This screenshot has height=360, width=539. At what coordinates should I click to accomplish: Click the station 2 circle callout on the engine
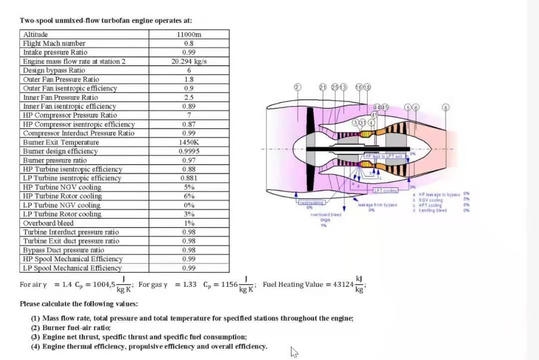[x=297, y=87]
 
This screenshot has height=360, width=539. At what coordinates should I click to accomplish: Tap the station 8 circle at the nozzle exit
[x=446, y=107]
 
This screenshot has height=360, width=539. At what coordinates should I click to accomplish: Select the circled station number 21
[x=323, y=87]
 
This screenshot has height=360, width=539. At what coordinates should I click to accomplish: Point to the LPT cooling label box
[x=385, y=190]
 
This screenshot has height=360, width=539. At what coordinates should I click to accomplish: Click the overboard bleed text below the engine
[x=326, y=214]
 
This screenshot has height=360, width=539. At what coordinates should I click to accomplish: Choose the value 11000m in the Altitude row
[x=189, y=34]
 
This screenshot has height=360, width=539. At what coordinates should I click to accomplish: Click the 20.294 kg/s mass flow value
[x=189, y=61]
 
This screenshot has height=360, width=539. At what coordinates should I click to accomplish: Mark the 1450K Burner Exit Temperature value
[x=189, y=142]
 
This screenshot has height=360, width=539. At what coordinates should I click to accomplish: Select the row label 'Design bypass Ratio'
[x=54, y=70]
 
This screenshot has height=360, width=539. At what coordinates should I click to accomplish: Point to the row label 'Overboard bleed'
[x=48, y=223]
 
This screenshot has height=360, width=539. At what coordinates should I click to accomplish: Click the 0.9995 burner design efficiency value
[x=189, y=151]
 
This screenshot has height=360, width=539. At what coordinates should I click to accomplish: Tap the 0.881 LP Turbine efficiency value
[x=189, y=178]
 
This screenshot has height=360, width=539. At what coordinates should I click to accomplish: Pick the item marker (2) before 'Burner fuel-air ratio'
[x=35, y=328]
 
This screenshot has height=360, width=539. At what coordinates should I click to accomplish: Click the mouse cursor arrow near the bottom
[x=294, y=352]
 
